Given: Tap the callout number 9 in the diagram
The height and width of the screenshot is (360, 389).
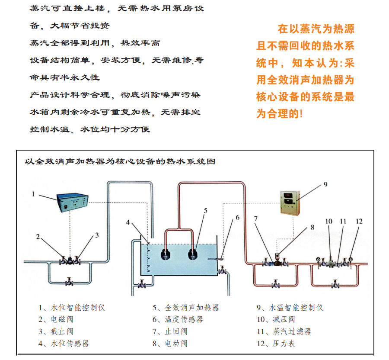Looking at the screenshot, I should tap(325, 184).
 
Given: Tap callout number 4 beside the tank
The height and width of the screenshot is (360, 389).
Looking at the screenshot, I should tap(128, 222).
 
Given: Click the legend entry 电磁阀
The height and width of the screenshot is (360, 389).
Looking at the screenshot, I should tap(57, 319).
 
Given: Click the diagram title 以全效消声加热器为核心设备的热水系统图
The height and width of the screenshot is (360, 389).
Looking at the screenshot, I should tap(120, 162).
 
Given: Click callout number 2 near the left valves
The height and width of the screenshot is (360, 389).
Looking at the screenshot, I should tap(38, 237).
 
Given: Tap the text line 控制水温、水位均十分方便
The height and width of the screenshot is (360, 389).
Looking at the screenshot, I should tap(90, 129).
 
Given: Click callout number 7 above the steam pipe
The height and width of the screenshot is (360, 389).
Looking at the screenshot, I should tap(256, 219).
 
